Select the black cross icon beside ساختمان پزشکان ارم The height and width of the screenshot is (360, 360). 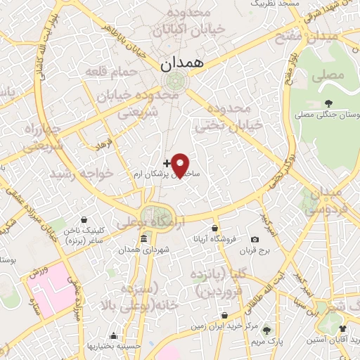tap(166, 163)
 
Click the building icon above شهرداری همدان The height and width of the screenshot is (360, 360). tap(143, 237)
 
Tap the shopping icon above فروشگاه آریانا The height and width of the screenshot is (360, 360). tap(215, 228)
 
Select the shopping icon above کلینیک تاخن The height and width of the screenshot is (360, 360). tap(84, 219)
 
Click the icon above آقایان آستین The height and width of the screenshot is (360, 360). tap(342, 328)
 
